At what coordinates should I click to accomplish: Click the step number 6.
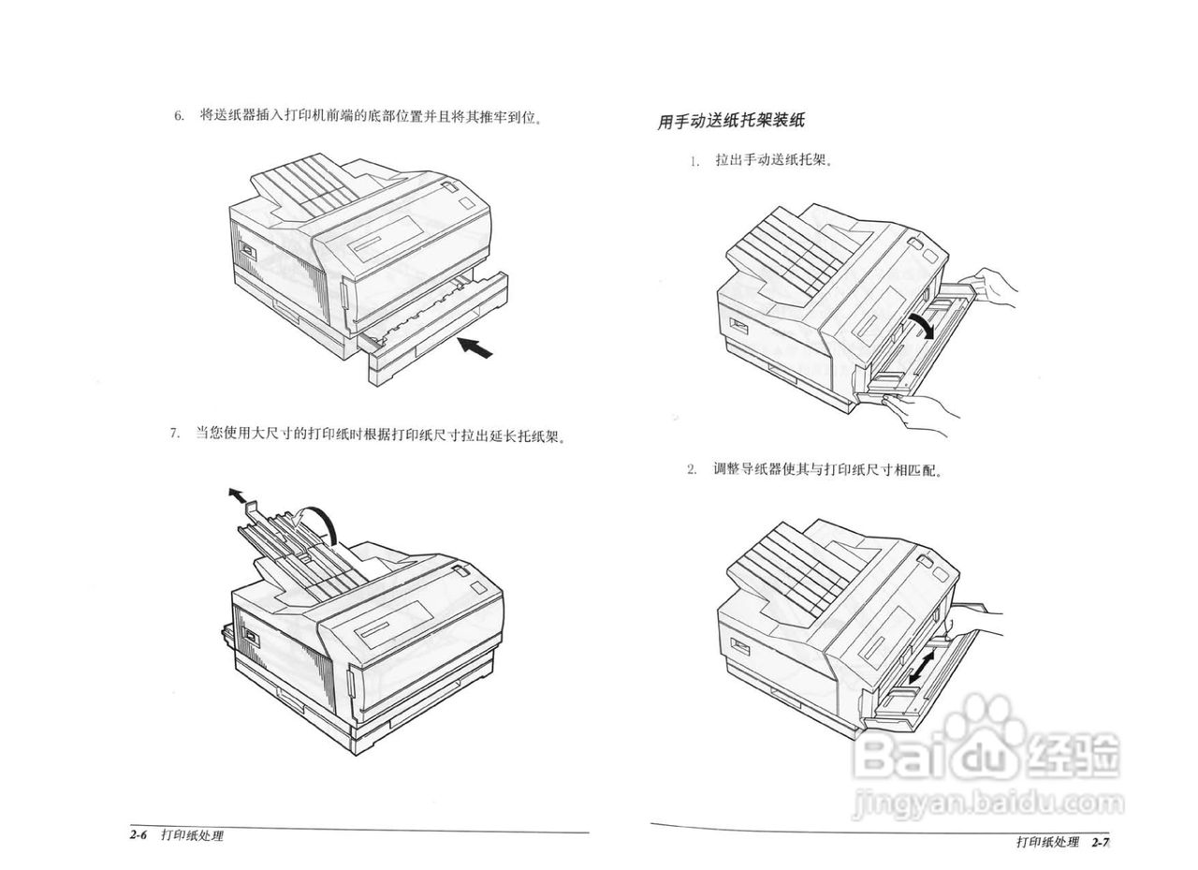point(178,117)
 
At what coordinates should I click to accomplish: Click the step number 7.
point(174,434)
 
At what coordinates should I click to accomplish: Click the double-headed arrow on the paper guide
point(920,669)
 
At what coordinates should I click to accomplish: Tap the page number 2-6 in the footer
point(140,835)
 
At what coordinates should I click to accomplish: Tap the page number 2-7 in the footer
point(1099,842)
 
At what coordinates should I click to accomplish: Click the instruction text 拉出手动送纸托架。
point(774,160)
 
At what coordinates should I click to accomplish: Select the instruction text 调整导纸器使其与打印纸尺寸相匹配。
point(827,469)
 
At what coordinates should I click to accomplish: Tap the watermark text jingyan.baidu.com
point(987,804)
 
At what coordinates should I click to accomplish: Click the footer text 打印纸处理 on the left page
point(192,835)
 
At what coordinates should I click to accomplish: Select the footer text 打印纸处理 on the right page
point(1047,842)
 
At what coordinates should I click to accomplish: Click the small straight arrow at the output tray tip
point(238,494)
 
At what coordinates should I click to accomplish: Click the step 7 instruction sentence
point(380,435)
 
